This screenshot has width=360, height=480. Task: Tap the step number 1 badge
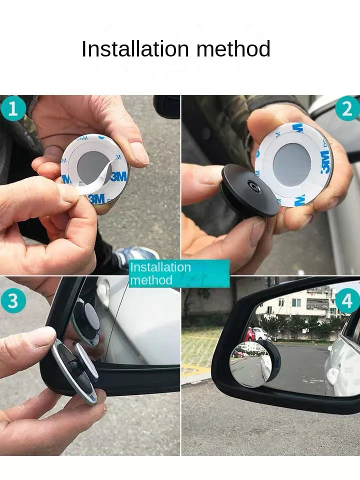13,108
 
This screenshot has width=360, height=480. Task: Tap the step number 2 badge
347,108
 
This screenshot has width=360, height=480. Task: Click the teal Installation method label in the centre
179,273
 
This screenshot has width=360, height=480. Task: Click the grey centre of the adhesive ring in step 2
292,164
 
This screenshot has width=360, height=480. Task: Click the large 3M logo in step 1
118,176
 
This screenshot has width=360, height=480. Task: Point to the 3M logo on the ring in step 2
325,162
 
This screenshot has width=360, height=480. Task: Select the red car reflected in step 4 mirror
250,334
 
